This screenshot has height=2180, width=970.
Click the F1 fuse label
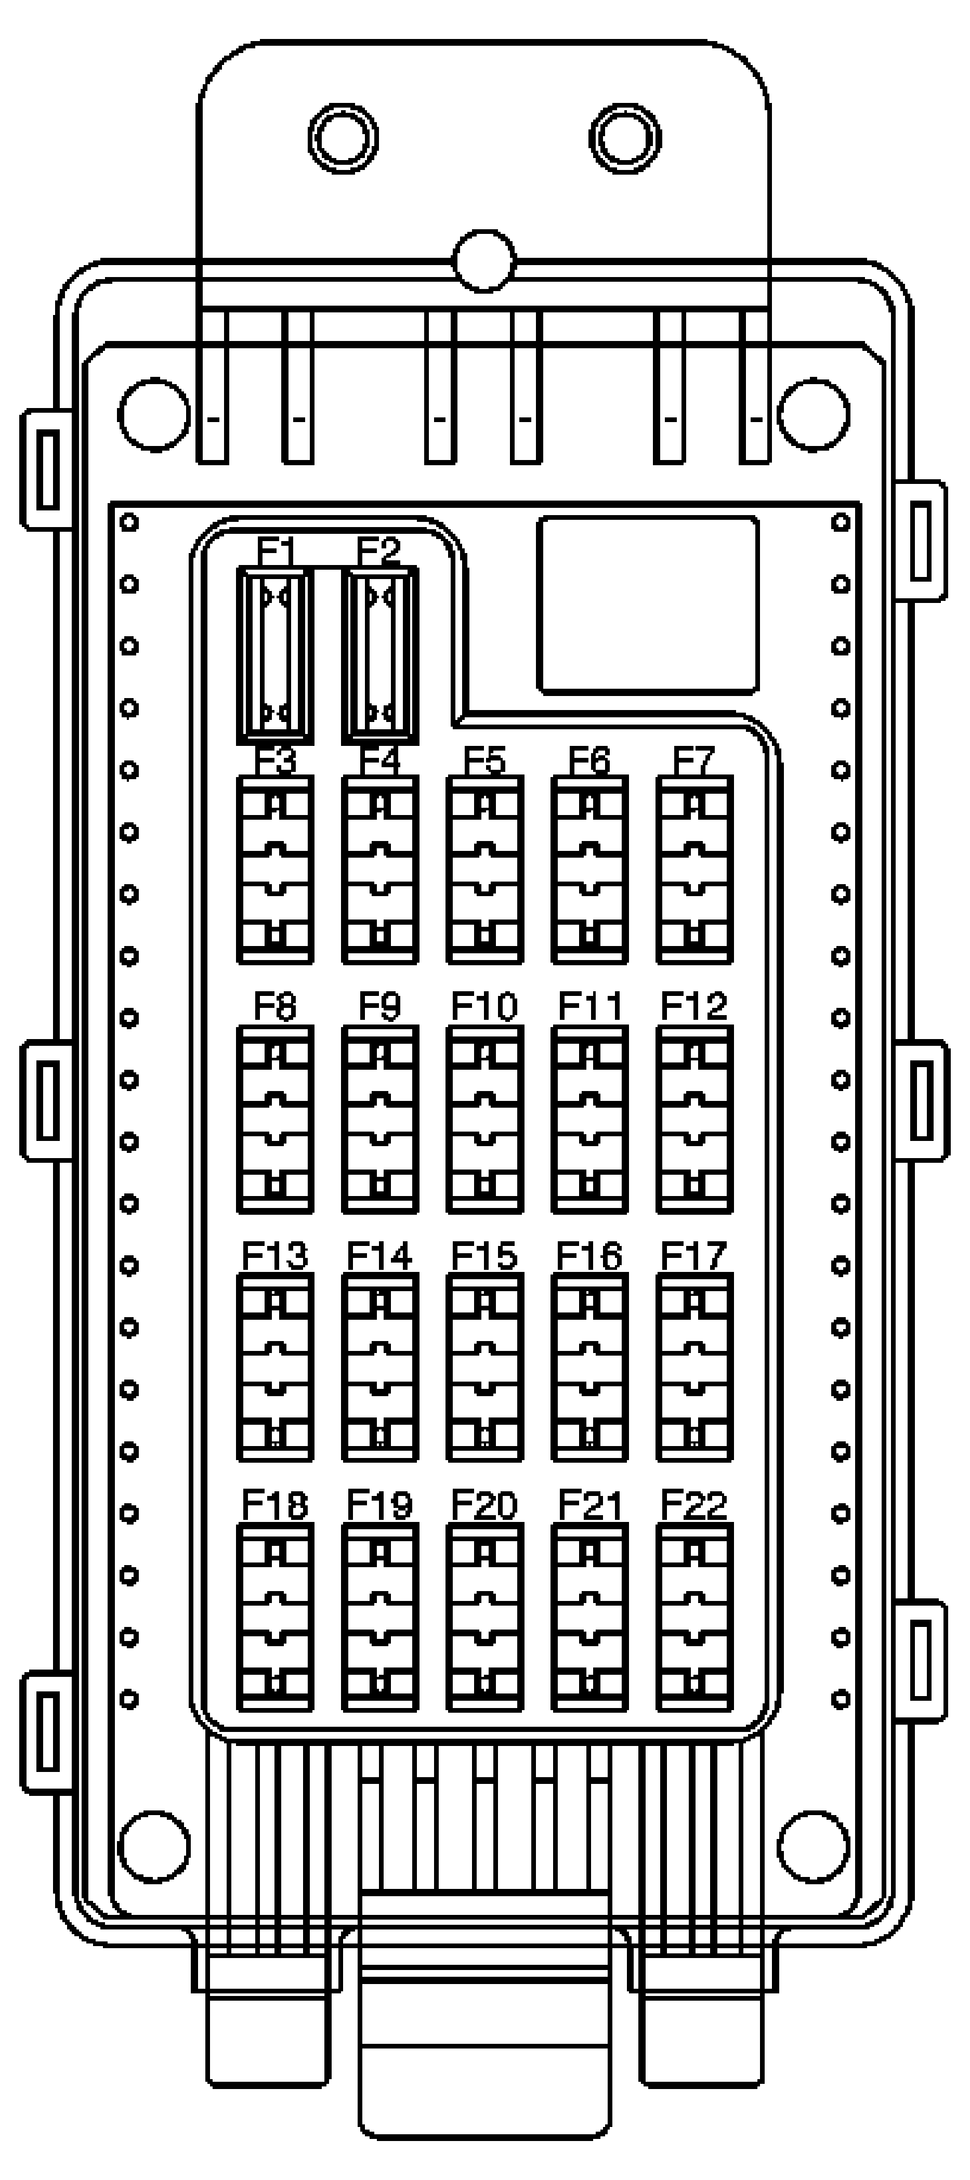coord(275,552)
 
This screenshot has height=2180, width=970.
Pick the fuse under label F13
coord(275,1368)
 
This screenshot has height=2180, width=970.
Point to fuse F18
coord(275,1617)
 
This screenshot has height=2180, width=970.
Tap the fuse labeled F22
coord(694,1617)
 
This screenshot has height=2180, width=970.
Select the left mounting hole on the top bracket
coord(343,138)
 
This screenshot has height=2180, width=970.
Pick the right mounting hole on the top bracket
coord(625,138)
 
